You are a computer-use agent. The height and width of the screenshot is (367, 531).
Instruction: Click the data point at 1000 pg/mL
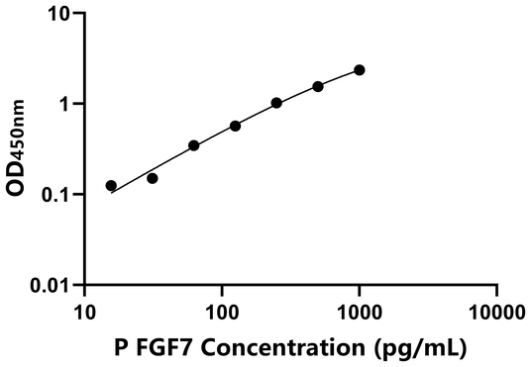(x=360, y=70)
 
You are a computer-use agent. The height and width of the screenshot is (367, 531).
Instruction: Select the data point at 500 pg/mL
(x=318, y=87)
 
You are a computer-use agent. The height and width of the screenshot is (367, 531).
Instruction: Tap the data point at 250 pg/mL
(x=276, y=103)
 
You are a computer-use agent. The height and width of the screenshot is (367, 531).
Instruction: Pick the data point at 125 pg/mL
(x=236, y=126)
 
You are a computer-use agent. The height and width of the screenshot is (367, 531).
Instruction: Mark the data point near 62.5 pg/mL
(x=194, y=145)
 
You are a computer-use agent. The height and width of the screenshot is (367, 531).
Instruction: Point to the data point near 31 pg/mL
(x=153, y=178)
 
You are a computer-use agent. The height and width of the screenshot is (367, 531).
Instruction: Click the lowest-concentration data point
(x=111, y=186)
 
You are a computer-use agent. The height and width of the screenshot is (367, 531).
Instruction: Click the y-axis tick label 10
(x=58, y=15)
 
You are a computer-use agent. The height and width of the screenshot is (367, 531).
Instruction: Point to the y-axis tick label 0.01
(x=51, y=285)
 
